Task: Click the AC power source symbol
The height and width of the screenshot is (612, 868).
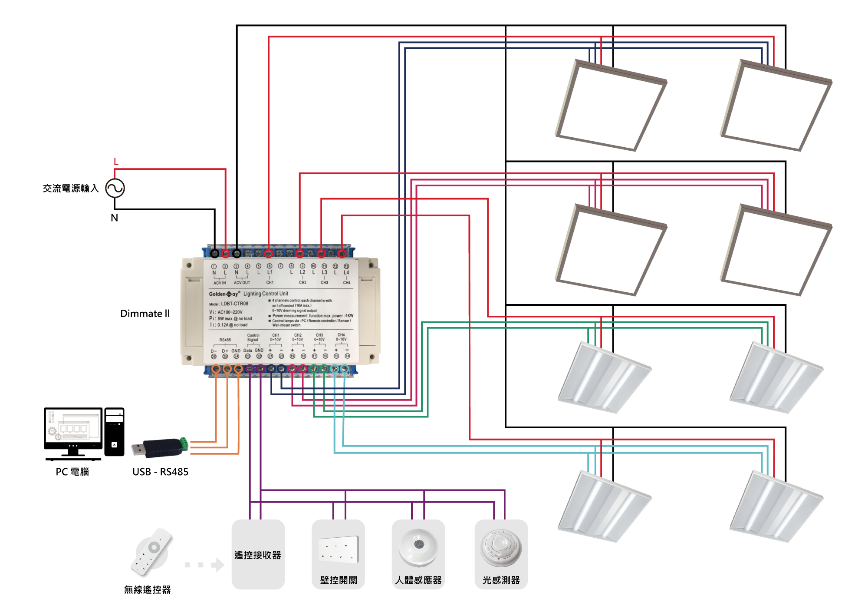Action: (x=115, y=189)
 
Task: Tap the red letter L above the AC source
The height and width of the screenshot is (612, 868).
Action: (x=116, y=162)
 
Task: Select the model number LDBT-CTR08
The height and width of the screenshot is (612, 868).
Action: (x=234, y=304)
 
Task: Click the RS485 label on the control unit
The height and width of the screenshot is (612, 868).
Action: (x=225, y=340)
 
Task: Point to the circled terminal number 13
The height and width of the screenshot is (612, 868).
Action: (x=346, y=266)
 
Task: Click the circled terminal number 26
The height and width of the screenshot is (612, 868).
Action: (x=214, y=357)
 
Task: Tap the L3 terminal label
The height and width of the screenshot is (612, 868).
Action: (x=324, y=272)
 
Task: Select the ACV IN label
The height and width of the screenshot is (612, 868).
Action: (x=220, y=283)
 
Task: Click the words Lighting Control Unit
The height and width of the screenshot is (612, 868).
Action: (x=266, y=294)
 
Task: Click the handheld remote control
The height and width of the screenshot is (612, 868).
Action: (x=151, y=551)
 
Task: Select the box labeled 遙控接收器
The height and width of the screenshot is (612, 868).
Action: (x=258, y=554)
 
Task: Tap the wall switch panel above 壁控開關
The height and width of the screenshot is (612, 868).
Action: (x=338, y=550)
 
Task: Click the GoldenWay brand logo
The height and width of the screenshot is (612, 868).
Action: (x=224, y=294)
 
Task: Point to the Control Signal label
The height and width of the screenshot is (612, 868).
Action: (x=253, y=337)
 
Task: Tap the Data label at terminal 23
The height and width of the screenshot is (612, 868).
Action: (x=248, y=350)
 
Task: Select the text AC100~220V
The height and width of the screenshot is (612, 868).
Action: (x=230, y=312)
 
